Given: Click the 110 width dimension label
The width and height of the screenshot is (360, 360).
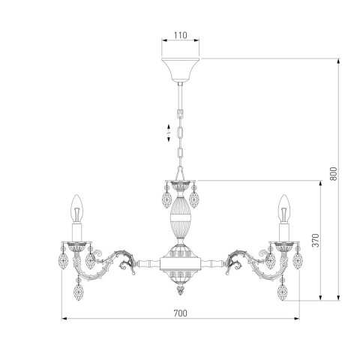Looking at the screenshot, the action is (x=180, y=35).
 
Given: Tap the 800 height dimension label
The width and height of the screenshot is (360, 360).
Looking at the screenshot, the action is (x=333, y=173).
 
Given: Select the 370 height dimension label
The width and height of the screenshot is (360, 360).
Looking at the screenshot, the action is (x=316, y=240).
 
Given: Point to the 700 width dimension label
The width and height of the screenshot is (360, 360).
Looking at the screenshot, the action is (x=180, y=313).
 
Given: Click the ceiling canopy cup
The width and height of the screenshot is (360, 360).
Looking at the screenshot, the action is (x=180, y=70).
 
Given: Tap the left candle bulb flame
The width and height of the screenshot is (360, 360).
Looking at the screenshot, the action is (x=76, y=208).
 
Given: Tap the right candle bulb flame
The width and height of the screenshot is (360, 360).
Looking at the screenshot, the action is (x=284, y=208).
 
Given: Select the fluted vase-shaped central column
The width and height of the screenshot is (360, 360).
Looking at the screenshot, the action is (x=180, y=217).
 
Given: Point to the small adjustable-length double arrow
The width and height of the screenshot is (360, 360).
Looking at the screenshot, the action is (x=169, y=133).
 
